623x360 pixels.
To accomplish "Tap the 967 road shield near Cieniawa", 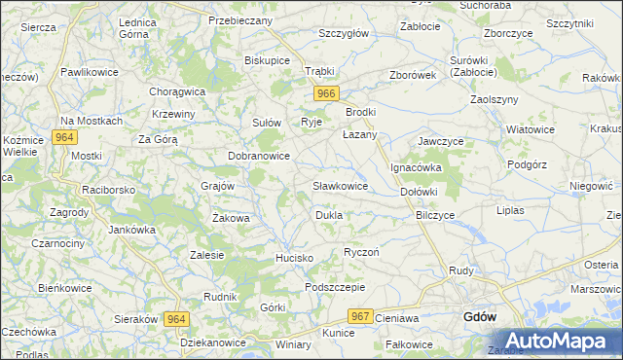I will [x=361, y=316].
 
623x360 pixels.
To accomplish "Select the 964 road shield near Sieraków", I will [x=176, y=319].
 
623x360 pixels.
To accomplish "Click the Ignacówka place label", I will [x=417, y=167].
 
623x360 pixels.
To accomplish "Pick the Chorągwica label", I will [x=177, y=91].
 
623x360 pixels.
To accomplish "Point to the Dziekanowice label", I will [x=213, y=343].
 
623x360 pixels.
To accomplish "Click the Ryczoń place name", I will [x=361, y=252].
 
